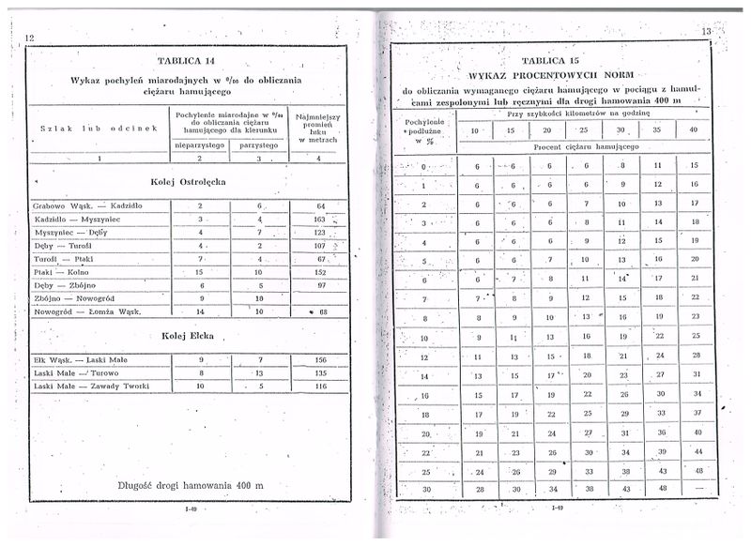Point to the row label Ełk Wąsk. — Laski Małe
click(x=81, y=359)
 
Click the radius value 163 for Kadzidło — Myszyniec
click(x=320, y=219)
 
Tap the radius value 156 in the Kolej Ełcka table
click(x=320, y=359)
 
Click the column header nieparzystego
click(x=200, y=144)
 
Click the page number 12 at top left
click(x=29, y=38)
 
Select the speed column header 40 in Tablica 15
click(x=694, y=129)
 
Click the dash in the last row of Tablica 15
click(x=696, y=489)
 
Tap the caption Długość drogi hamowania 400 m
click(x=192, y=486)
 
